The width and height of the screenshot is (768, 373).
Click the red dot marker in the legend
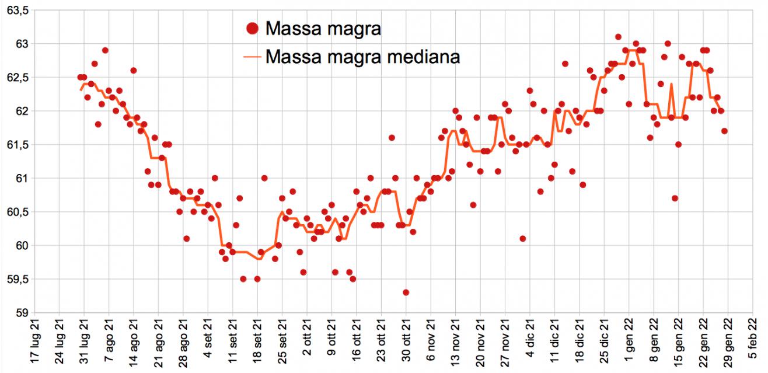(x=253, y=28)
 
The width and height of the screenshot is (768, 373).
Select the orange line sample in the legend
(x=253, y=57)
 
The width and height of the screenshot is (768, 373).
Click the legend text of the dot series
(x=323, y=28)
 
